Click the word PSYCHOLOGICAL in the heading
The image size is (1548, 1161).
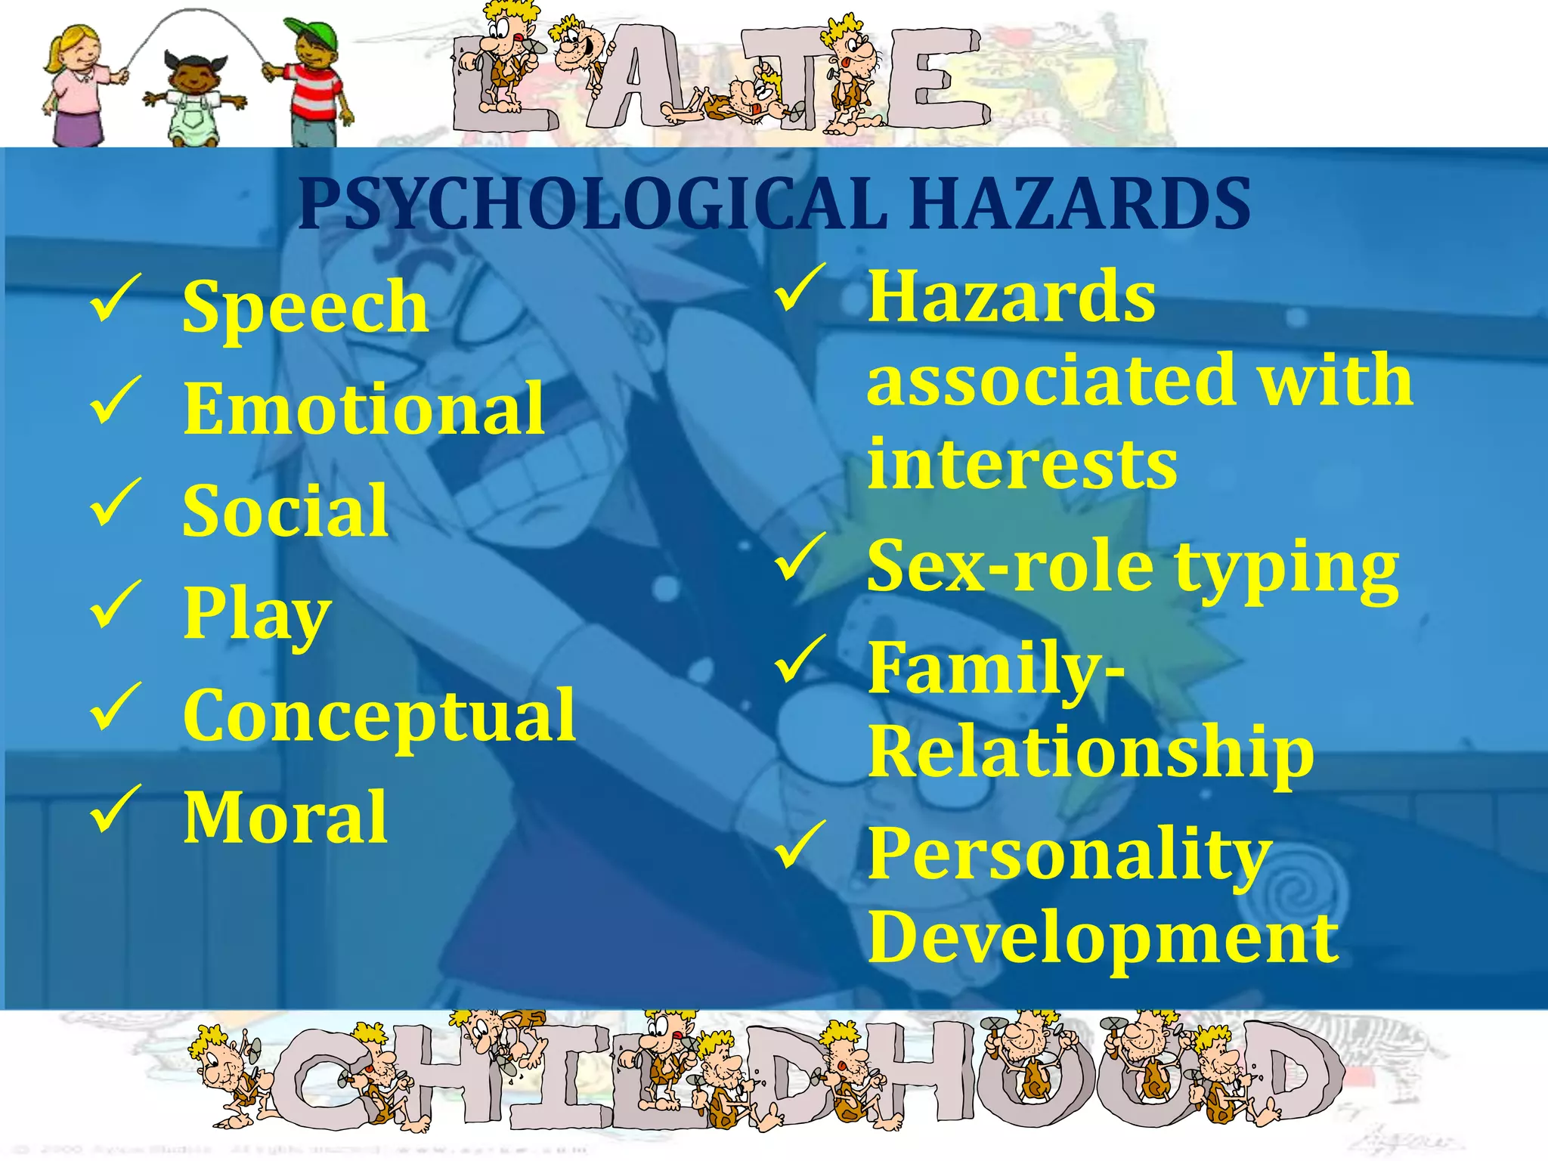point(593,204)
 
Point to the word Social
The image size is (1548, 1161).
point(286,512)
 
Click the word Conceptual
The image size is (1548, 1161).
point(379,717)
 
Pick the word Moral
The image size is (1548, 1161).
point(286,818)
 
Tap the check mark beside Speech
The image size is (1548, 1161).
point(116,299)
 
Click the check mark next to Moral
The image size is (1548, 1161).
point(116,809)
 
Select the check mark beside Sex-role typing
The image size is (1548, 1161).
point(800,558)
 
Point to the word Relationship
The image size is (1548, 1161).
point(1091,751)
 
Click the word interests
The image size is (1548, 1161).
point(1022,464)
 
